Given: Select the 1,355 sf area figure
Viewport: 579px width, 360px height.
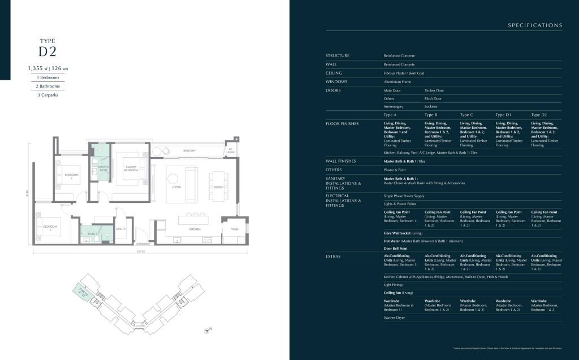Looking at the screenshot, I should coord(37,68).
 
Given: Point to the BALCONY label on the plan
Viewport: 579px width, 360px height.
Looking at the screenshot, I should coord(189,150).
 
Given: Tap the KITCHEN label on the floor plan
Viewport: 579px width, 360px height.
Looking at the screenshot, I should coord(195,229).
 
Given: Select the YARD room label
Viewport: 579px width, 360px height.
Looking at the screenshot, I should coord(234,229).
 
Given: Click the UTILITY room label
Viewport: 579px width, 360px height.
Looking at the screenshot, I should coord(120,229).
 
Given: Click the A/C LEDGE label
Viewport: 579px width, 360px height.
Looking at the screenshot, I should coord(231,151).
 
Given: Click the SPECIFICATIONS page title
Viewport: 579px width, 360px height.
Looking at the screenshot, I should coord(535,25).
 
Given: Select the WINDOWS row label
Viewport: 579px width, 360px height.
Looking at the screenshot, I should coord(338,81).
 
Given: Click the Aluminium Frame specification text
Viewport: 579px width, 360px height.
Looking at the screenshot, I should coord(398,82).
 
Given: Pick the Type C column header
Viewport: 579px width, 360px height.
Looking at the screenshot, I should coord(466,115).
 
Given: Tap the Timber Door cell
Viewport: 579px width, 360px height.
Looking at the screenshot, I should coord(434,90).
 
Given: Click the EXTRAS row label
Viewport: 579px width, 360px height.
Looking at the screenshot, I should coord(334,256).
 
